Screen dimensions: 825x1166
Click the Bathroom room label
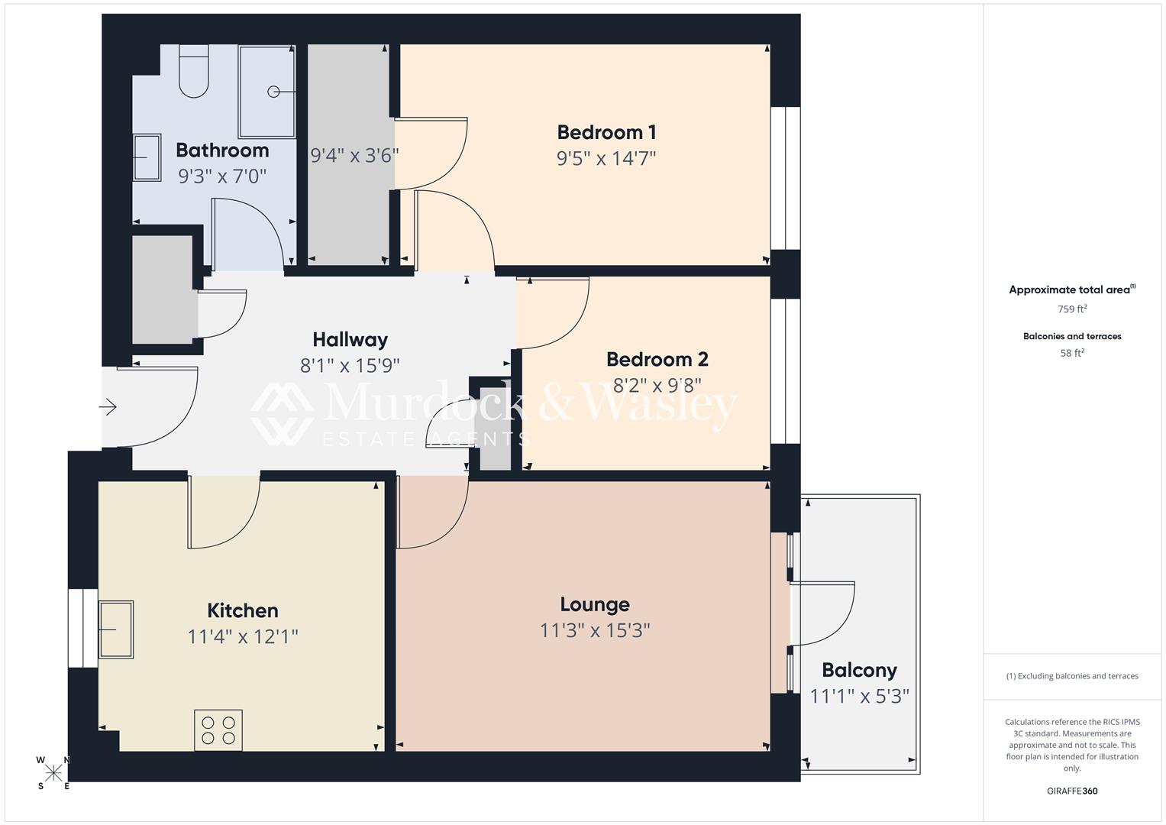222,150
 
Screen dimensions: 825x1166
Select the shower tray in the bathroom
267,92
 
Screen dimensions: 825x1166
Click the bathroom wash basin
147,157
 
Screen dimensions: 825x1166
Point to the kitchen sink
116,629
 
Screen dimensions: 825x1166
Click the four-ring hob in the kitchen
218,730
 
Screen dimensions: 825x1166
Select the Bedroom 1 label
606,132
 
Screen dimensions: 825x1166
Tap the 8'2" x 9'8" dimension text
657,384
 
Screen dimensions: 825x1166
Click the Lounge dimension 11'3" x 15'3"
595,630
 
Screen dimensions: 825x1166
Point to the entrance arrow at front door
108,407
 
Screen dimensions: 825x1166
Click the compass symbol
53,772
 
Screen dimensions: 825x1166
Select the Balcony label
859,670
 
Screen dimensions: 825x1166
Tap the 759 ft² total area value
1072,309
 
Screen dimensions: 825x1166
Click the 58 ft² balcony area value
1072,353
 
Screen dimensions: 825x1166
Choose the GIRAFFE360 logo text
1072,791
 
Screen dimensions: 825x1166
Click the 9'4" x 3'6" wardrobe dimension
354,156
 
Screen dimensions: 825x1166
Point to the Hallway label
350,339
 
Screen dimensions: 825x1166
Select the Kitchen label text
243,610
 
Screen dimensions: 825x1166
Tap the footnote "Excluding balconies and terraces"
1072,676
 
